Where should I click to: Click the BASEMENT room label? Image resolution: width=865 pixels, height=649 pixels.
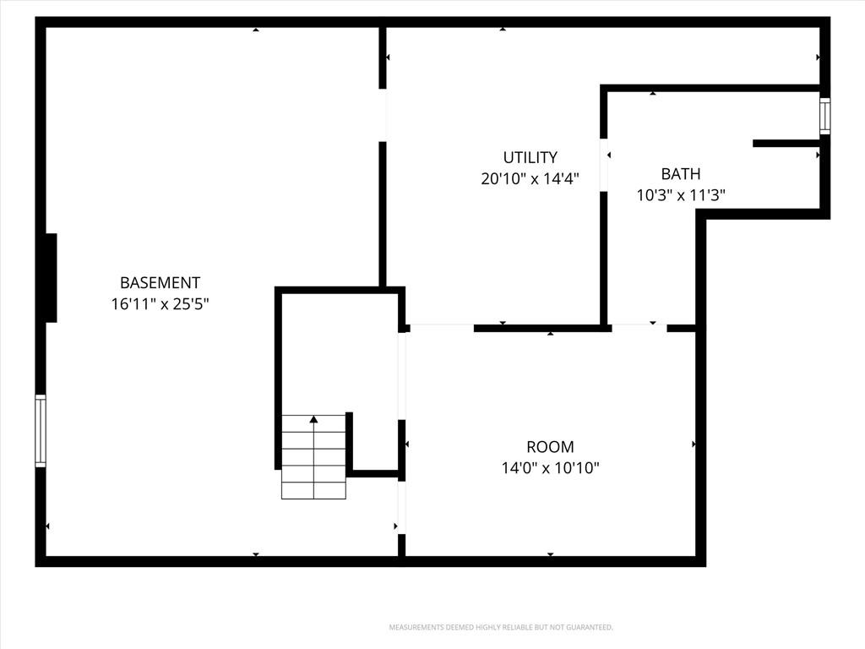click(x=160, y=282)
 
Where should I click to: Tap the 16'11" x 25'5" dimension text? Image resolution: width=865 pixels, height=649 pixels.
click(x=160, y=304)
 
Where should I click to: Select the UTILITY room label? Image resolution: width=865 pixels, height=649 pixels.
click(x=530, y=157)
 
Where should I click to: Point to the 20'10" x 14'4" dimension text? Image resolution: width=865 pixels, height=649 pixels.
click(x=530, y=179)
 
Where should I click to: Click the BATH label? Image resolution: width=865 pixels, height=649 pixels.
click(x=681, y=174)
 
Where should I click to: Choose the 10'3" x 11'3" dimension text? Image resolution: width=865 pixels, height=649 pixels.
click(x=681, y=195)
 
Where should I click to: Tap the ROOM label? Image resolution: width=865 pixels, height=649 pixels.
click(x=550, y=446)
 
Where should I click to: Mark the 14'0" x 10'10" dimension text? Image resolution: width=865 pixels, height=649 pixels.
click(x=550, y=468)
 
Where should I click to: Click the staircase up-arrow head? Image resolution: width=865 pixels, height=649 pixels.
click(x=314, y=419)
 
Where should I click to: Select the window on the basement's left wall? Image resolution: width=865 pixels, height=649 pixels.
click(x=41, y=430)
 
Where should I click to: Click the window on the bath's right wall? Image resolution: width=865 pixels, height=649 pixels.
click(x=824, y=116)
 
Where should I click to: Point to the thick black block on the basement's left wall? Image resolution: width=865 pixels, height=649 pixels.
click(x=51, y=277)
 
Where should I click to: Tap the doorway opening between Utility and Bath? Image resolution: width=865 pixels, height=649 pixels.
click(x=604, y=165)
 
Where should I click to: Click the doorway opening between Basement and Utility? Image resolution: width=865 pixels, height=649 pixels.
click(x=383, y=115)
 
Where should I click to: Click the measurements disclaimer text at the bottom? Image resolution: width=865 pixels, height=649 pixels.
click(x=501, y=628)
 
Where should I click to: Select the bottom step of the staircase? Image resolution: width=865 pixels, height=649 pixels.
click(x=314, y=491)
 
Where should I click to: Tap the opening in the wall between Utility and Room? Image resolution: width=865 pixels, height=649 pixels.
click(x=442, y=329)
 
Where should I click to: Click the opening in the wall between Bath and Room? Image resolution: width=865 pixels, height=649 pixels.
click(x=639, y=329)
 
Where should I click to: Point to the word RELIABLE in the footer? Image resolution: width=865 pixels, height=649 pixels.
click(x=518, y=628)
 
